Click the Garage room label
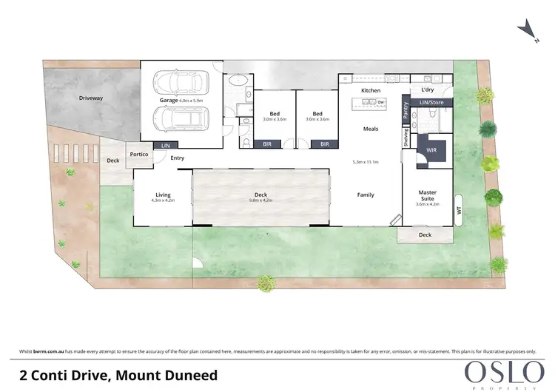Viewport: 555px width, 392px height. (171, 100)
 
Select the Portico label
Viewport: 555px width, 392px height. (139, 155)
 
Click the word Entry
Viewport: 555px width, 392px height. (178, 158)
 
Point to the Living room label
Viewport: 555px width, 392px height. (162, 195)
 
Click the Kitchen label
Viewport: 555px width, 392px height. (370, 90)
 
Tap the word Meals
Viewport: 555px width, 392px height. (370, 129)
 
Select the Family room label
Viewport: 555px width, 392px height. (366, 195)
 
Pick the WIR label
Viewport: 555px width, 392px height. (431, 149)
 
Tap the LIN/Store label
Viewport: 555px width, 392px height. (430, 102)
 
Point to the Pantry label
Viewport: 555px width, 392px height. (406, 110)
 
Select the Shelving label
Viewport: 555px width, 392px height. (406, 138)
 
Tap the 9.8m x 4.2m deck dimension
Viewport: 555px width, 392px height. (260, 200)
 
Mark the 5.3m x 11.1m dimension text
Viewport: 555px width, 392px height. (366, 161)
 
